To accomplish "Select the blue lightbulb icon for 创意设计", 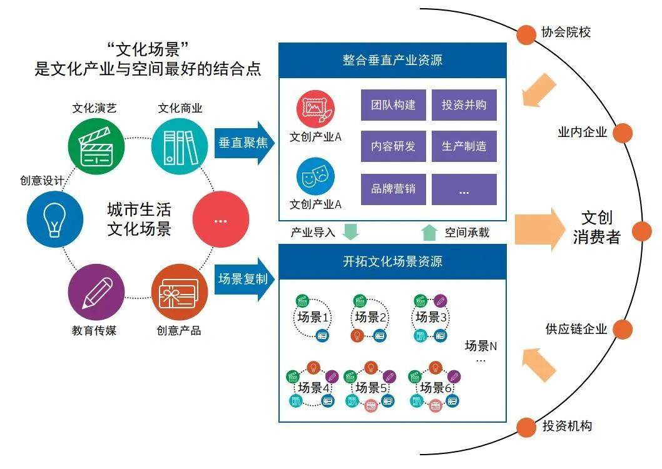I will (55, 219).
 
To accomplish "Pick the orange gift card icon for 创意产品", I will (179, 291).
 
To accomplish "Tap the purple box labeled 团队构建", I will (393, 105).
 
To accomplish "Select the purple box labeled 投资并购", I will (464, 105).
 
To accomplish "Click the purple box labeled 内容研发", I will (393, 146).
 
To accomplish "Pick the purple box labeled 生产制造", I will (464, 146).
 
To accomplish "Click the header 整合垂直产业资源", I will (392, 61).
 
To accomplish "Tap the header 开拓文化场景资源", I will (392, 261).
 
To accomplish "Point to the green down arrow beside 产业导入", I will (350, 232).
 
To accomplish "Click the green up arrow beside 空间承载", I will (429, 232).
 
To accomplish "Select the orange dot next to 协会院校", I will (524, 33).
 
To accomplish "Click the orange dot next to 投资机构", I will (524, 427).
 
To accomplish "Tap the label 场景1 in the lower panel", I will (313, 318).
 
